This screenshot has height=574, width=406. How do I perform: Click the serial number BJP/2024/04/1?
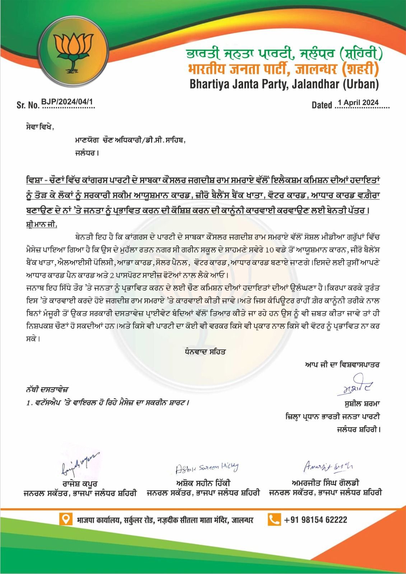67,102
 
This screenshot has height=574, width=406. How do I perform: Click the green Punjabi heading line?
284,55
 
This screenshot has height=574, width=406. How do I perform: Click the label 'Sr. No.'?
28,105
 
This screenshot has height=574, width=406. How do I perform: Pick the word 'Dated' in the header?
322,105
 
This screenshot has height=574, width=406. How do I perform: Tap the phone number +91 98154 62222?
316,520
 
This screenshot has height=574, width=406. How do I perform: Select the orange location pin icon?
66,519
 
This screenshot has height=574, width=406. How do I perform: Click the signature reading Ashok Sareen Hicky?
207,467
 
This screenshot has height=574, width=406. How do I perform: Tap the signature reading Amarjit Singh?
328,466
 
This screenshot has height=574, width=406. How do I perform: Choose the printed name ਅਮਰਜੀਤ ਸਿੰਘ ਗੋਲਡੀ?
325,483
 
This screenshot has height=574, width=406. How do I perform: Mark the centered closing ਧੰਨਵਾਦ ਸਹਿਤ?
204,352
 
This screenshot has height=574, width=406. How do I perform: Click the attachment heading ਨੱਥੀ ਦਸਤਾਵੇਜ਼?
47,389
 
